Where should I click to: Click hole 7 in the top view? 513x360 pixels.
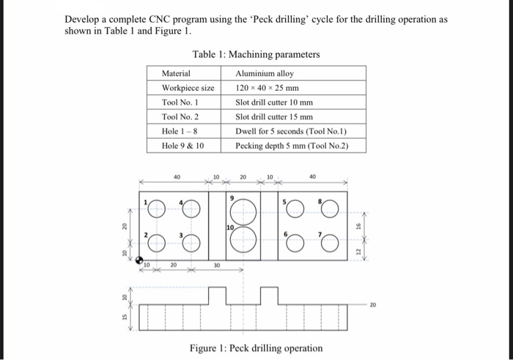(331, 239)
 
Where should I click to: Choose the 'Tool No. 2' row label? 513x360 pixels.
(180, 117)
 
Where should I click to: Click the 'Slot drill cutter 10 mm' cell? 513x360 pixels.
(273, 102)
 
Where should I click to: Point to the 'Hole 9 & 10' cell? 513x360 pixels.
(183, 145)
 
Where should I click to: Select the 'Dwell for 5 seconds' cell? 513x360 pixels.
(289, 131)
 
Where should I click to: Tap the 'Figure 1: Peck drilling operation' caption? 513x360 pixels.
(256, 348)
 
